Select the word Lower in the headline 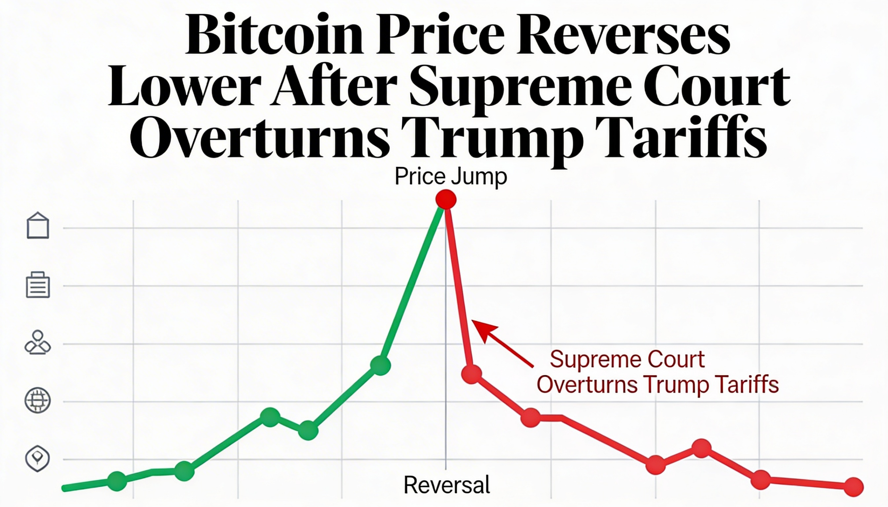(185, 87)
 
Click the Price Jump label (451, 176)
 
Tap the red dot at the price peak (446, 200)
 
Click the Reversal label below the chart (446, 484)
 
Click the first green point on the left (117, 481)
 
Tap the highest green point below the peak (380, 365)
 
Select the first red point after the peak (471, 374)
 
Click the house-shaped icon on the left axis (38, 226)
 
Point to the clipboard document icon (38, 285)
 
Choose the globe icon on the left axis (38, 401)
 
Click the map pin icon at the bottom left (38, 458)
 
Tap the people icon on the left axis (38, 343)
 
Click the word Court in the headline (716, 87)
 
